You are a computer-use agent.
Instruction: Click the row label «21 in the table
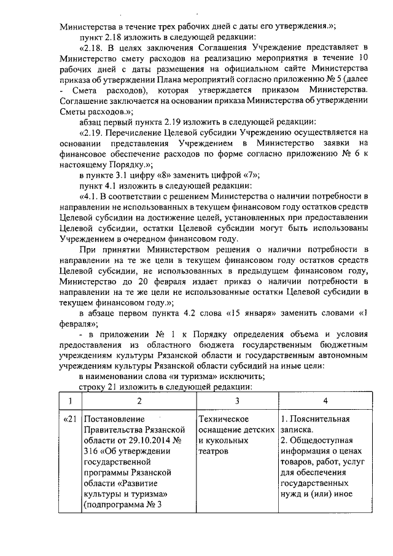pyautogui.click(x=70, y=420)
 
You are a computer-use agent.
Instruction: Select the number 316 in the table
pyautogui.click(x=90, y=453)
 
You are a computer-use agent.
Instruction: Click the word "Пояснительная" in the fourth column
pyautogui.click(x=319, y=420)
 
